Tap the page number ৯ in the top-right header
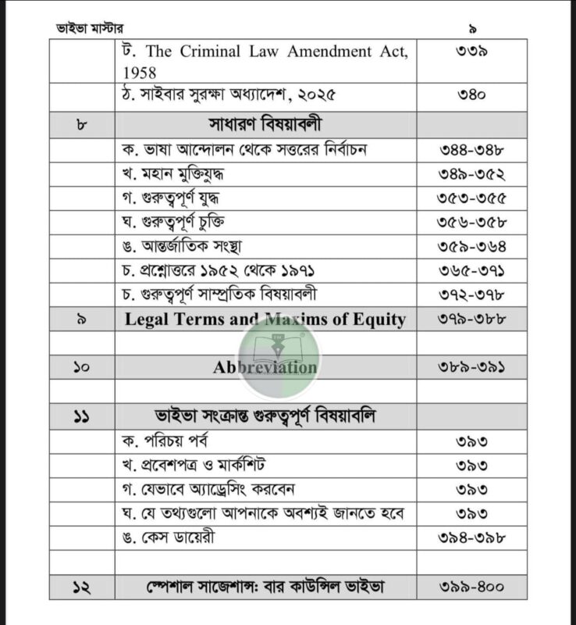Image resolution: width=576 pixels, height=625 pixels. (x=472, y=29)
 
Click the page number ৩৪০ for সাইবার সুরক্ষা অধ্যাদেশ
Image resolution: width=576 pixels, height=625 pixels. (x=471, y=98)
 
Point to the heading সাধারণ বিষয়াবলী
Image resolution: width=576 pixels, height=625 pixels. (x=265, y=125)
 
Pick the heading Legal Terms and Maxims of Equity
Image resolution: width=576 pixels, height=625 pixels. (x=265, y=319)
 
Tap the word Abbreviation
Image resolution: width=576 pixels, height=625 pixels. (x=265, y=367)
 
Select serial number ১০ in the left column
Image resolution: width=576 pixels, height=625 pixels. (x=82, y=367)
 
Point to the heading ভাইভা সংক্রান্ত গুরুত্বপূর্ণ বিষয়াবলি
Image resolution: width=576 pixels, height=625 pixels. (x=265, y=416)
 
